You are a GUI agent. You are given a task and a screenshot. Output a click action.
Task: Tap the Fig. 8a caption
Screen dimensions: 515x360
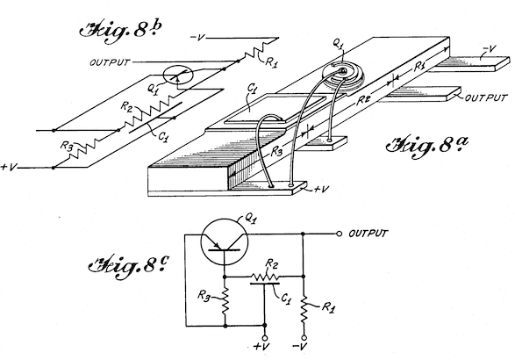427,145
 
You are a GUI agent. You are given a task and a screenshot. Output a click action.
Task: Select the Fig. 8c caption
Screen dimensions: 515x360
129,266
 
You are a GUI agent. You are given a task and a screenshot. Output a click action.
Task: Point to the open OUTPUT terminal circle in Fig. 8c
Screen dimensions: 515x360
339,234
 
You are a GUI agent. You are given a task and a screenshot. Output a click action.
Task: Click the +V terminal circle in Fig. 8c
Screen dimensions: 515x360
265,338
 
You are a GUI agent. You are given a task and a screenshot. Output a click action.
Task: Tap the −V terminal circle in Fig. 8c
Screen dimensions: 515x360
304,338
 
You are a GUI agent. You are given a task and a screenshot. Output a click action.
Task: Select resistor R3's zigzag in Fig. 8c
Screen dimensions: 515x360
225,301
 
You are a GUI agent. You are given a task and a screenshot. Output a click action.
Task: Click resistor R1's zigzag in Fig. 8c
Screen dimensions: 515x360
304,309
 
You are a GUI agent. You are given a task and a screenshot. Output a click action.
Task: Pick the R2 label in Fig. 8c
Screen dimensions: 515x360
270,263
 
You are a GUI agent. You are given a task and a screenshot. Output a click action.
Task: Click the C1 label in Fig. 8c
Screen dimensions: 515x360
286,299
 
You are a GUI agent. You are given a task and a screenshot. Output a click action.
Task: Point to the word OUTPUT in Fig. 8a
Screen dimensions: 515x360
486,97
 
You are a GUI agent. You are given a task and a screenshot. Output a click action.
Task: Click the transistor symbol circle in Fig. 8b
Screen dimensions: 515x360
178,76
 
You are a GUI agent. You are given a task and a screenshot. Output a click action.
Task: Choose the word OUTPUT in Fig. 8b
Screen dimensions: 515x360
110,62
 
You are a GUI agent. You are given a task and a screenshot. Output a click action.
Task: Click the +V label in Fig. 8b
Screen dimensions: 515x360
9,167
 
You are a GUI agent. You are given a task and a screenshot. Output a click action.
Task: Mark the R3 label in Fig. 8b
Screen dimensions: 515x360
66,145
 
